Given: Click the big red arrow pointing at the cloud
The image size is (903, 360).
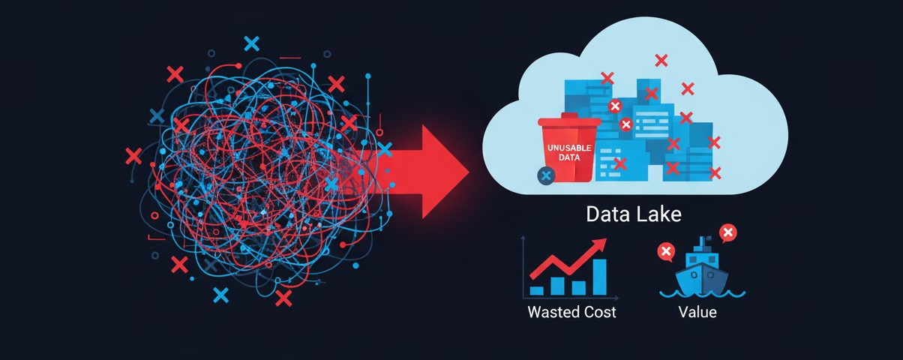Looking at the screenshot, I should point(431,172).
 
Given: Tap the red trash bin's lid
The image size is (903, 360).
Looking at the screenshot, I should point(568,120).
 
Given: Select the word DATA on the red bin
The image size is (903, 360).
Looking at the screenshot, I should point(568,158).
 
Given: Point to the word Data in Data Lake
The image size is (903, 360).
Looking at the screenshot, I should point(608,214).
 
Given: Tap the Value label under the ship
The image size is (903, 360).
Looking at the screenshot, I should point(696,311).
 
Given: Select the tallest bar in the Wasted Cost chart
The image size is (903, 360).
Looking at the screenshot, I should point(599,277).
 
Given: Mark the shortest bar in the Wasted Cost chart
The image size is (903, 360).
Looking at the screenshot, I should point(536,289).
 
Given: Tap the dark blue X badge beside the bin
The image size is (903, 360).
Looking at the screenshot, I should point(546,175).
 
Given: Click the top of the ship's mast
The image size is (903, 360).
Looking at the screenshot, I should point(703,240).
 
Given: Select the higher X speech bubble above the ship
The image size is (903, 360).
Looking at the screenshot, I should point(726,232).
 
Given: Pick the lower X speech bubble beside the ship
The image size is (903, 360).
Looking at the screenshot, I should point(665,251).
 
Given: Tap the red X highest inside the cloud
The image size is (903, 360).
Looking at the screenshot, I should point(661,60).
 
